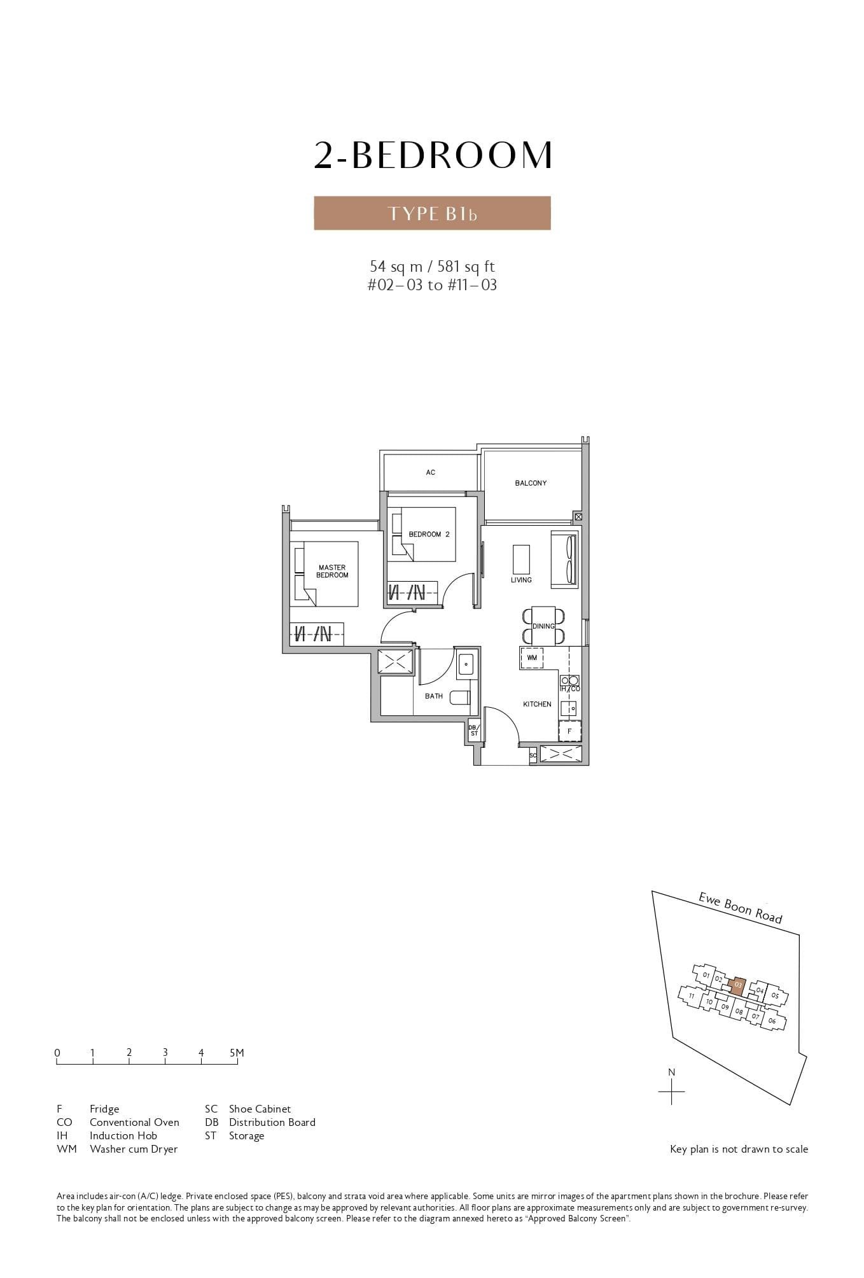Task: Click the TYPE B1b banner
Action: [x=432, y=213]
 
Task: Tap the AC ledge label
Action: [x=431, y=472]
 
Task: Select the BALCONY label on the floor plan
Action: [x=531, y=483]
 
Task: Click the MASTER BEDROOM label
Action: [x=332, y=571]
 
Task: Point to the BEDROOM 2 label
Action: [x=429, y=534]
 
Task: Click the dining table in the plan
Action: [x=543, y=626]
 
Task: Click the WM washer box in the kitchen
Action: [x=532, y=657]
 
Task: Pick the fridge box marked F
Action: [x=569, y=731]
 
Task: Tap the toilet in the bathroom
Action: [x=460, y=697]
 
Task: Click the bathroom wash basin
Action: [x=466, y=664]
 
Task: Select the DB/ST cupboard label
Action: [x=473, y=730]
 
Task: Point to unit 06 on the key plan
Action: [x=772, y=1021]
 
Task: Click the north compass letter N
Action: [x=671, y=1072]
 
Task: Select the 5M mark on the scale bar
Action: [x=237, y=1053]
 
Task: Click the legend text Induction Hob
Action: [x=123, y=1135]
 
